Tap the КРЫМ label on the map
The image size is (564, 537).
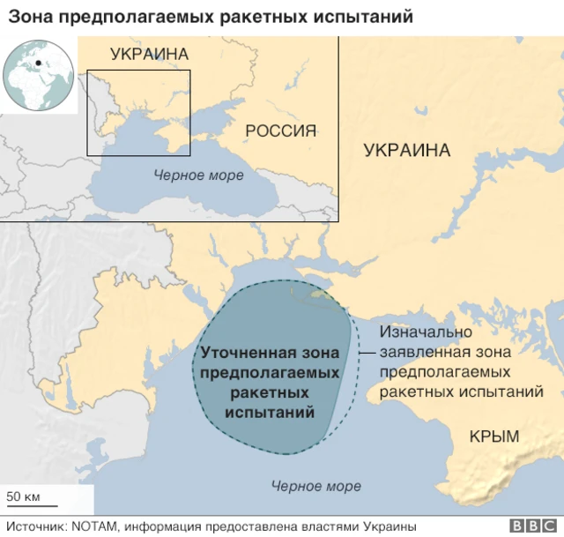pos(494,436)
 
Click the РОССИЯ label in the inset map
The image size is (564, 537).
pos(280,131)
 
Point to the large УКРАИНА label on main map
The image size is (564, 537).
pos(407,150)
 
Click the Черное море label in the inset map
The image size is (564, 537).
pos(198,175)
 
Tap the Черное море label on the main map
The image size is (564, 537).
pos(316,486)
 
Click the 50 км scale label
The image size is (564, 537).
pos(24,496)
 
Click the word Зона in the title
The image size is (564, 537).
pos(29,17)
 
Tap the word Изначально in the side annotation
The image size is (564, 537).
pos(426,332)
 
